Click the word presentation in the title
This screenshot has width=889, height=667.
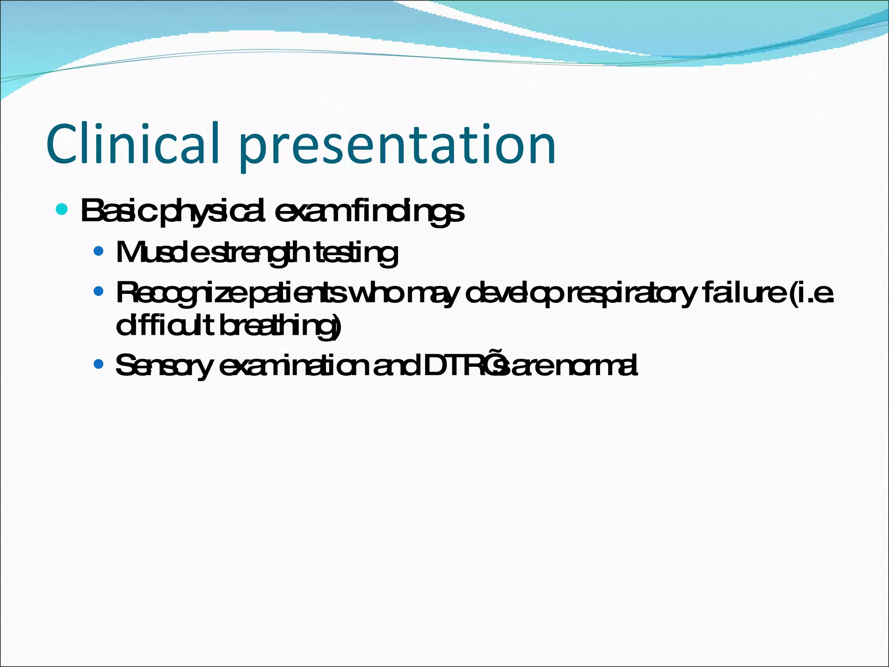tap(397, 146)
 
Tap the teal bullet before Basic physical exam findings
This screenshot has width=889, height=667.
tap(62, 210)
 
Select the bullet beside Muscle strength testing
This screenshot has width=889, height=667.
tap(99, 251)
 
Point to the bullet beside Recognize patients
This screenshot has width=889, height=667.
tap(99, 291)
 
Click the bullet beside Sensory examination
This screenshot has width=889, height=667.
tap(99, 363)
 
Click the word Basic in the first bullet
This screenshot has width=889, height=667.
tap(117, 211)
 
